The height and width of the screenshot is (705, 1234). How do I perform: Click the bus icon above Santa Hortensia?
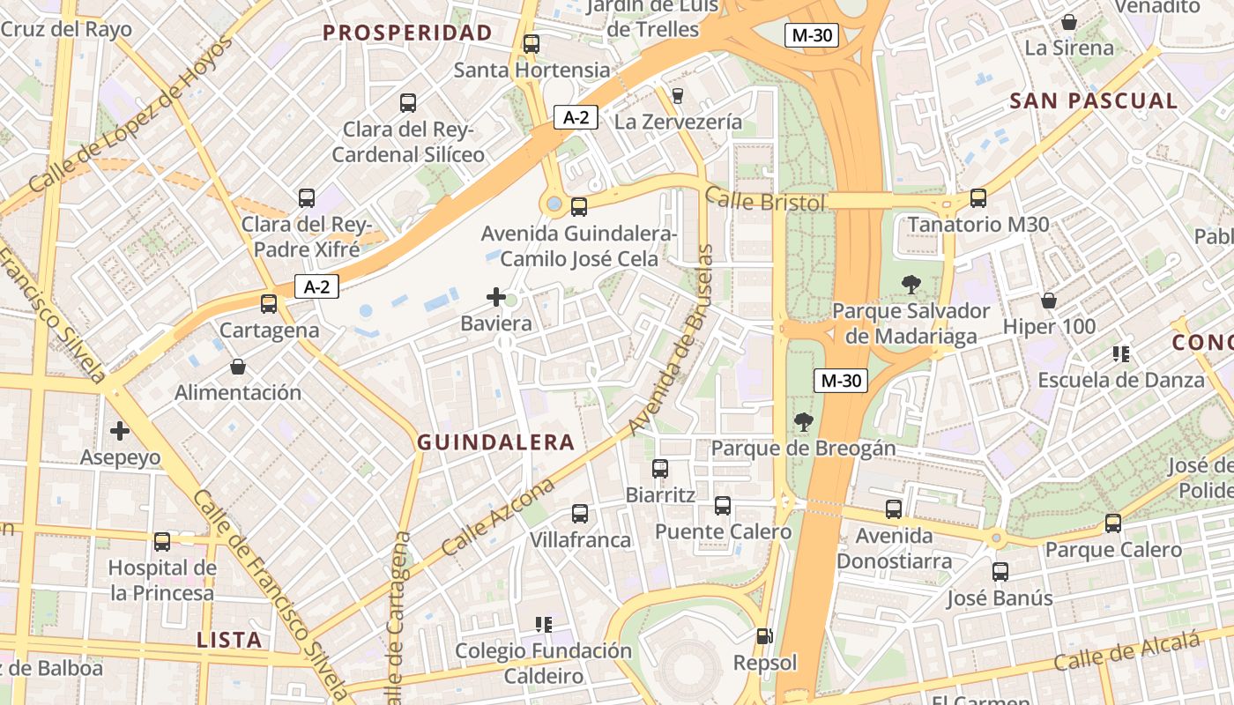[x=531, y=43]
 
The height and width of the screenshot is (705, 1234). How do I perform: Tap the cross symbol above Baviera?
[x=496, y=297]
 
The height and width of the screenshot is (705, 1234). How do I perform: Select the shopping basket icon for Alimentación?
[x=237, y=366]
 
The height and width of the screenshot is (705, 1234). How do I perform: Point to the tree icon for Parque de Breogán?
[x=803, y=421]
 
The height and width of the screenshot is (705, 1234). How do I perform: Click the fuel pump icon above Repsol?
[x=764, y=635]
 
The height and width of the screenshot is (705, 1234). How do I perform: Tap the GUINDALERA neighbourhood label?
[x=495, y=442]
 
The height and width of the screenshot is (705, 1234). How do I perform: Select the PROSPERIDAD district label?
[x=407, y=33]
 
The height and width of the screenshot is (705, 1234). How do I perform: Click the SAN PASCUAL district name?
[x=1093, y=100]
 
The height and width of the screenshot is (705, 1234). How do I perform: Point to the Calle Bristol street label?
[x=765, y=201]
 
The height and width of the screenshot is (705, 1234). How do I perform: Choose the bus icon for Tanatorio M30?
[x=978, y=198]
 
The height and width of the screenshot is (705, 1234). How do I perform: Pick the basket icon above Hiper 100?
[x=1049, y=301]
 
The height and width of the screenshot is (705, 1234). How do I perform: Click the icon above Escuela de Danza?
[x=1120, y=354]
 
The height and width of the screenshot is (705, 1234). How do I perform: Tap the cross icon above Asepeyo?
[x=120, y=431]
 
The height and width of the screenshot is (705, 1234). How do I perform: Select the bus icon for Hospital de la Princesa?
[x=162, y=541]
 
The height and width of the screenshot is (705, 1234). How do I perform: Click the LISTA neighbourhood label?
[x=229, y=640]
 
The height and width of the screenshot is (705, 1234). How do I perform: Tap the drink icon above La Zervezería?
[x=677, y=95]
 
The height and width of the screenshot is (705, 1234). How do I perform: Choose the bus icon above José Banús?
[x=1000, y=571]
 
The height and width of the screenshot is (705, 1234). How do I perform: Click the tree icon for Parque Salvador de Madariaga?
[x=911, y=285]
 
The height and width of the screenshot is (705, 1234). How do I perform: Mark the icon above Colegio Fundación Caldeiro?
[x=543, y=625]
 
